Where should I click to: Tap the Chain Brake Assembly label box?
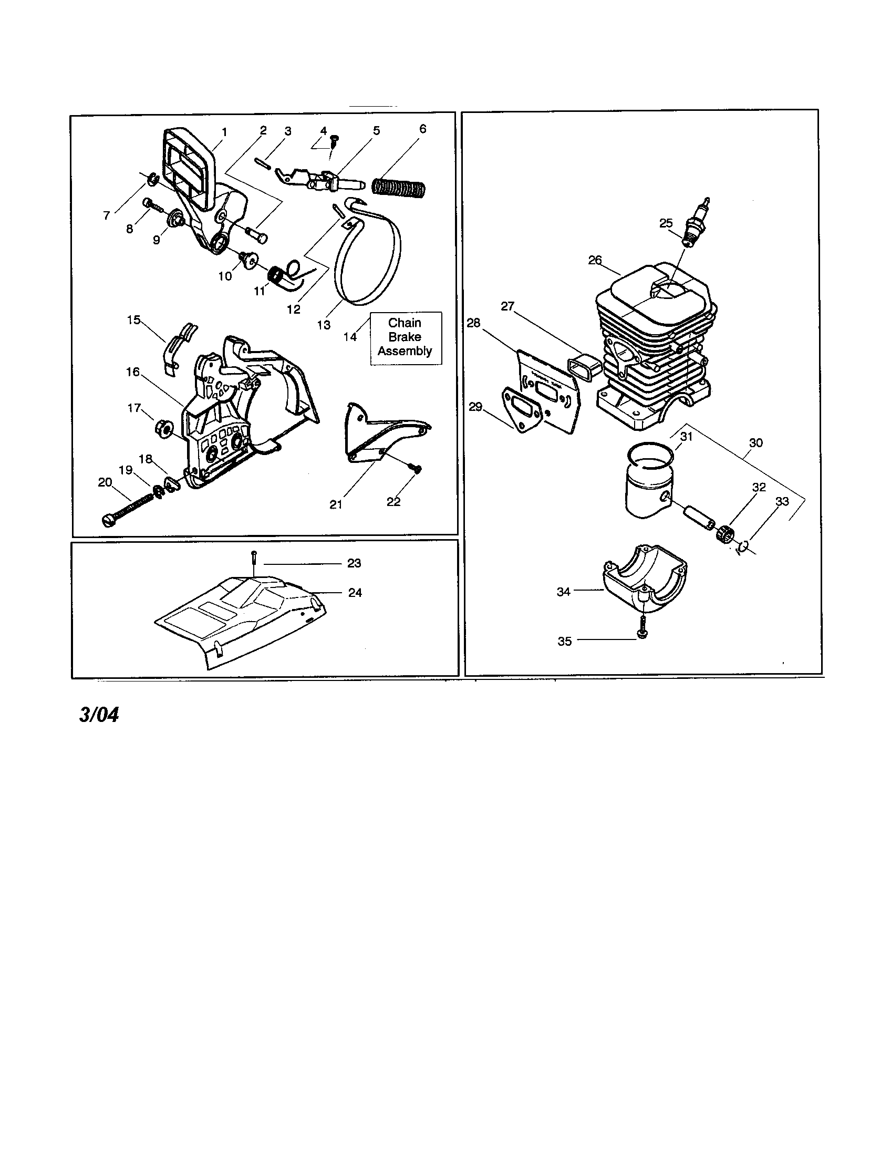405,337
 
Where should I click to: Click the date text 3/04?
99,715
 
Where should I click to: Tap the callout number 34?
564,592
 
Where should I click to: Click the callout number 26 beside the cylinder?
595,260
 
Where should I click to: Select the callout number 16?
133,371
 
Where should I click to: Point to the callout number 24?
355,593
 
